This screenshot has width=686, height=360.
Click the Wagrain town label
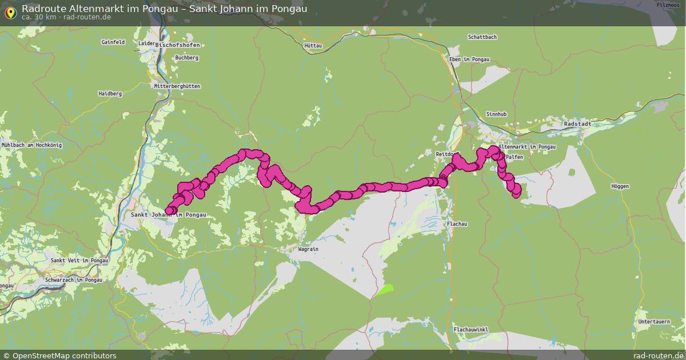click(308, 249)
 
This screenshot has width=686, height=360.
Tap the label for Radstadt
click(576, 123)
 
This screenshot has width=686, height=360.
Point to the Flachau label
click(457, 224)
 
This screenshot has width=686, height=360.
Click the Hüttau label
click(313, 45)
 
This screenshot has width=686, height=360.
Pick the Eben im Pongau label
click(469, 59)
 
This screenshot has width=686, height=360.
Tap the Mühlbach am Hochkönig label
click(31, 145)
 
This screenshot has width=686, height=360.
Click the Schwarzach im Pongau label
click(73, 280)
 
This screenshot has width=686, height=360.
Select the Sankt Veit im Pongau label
click(79, 261)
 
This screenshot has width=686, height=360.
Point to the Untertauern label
click(654, 322)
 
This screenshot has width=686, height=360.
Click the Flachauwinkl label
click(470, 330)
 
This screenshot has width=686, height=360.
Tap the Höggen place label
click(620, 186)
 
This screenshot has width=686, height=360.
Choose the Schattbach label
click(482, 37)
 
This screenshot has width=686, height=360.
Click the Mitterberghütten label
click(177, 86)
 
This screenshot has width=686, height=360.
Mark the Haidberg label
click(110, 93)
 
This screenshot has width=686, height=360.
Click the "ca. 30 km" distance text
click(38, 17)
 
